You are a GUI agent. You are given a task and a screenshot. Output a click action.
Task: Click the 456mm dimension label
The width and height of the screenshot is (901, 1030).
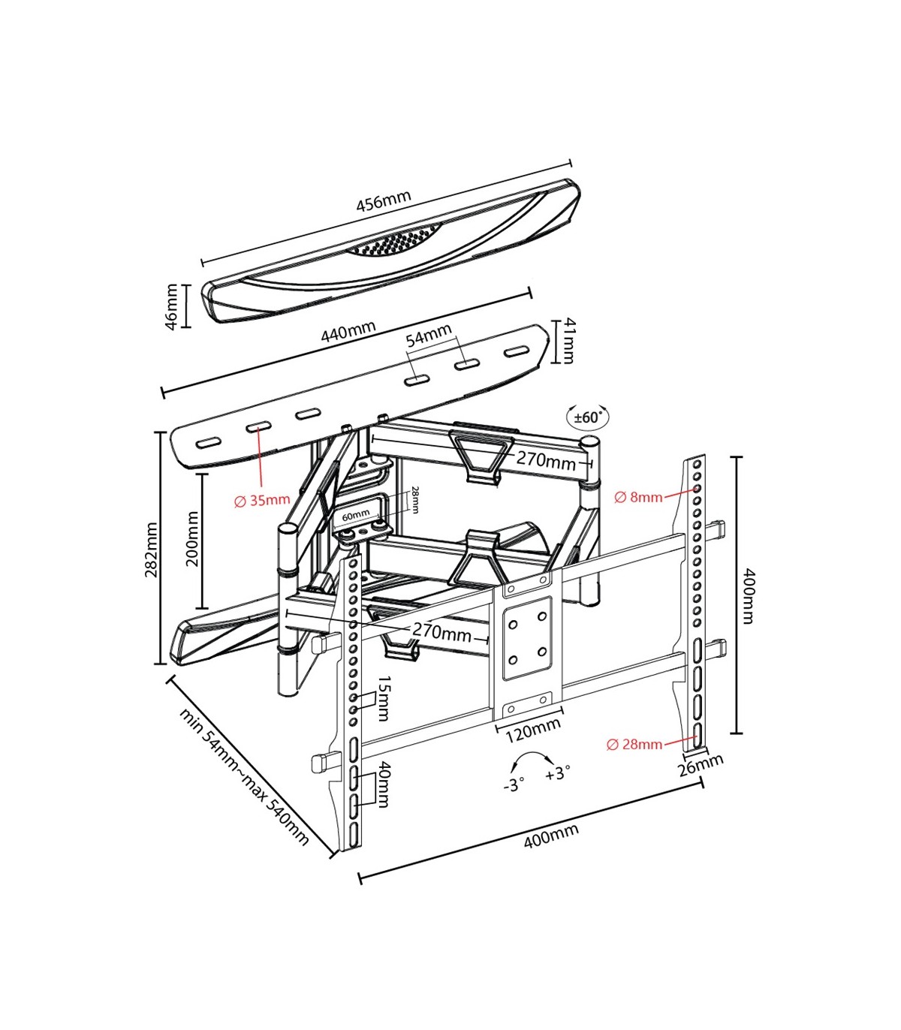(384, 200)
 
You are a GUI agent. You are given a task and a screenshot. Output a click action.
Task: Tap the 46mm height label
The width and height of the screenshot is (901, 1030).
(172, 306)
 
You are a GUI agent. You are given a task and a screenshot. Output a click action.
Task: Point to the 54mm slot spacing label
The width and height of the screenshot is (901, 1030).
(429, 336)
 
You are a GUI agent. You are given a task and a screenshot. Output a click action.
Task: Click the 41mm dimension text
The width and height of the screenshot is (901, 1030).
(568, 340)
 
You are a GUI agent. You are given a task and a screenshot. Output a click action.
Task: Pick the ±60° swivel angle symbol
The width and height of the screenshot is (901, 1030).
(588, 417)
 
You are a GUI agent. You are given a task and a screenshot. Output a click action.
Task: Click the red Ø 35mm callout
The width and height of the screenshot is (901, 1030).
(262, 501)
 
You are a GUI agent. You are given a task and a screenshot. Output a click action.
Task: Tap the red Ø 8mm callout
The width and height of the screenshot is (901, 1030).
(639, 497)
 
